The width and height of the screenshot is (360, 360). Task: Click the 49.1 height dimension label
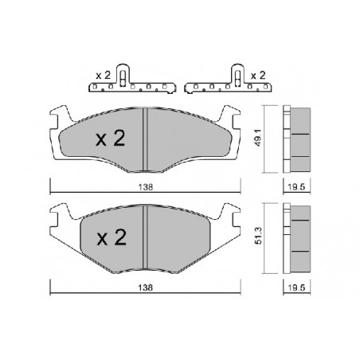[259, 139]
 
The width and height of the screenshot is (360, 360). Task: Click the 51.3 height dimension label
[259, 236]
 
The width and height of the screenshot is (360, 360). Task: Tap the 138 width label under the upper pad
[146, 187]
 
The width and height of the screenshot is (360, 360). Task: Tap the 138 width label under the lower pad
[146, 288]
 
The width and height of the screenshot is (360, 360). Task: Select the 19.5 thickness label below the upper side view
[296, 187]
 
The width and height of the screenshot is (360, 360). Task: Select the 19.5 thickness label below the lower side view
[296, 288]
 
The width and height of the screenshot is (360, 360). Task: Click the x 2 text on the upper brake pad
[110, 139]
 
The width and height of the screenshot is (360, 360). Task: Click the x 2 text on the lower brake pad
[112, 237]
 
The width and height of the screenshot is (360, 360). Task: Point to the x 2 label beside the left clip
[103, 76]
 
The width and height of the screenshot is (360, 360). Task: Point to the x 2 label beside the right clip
[258, 76]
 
